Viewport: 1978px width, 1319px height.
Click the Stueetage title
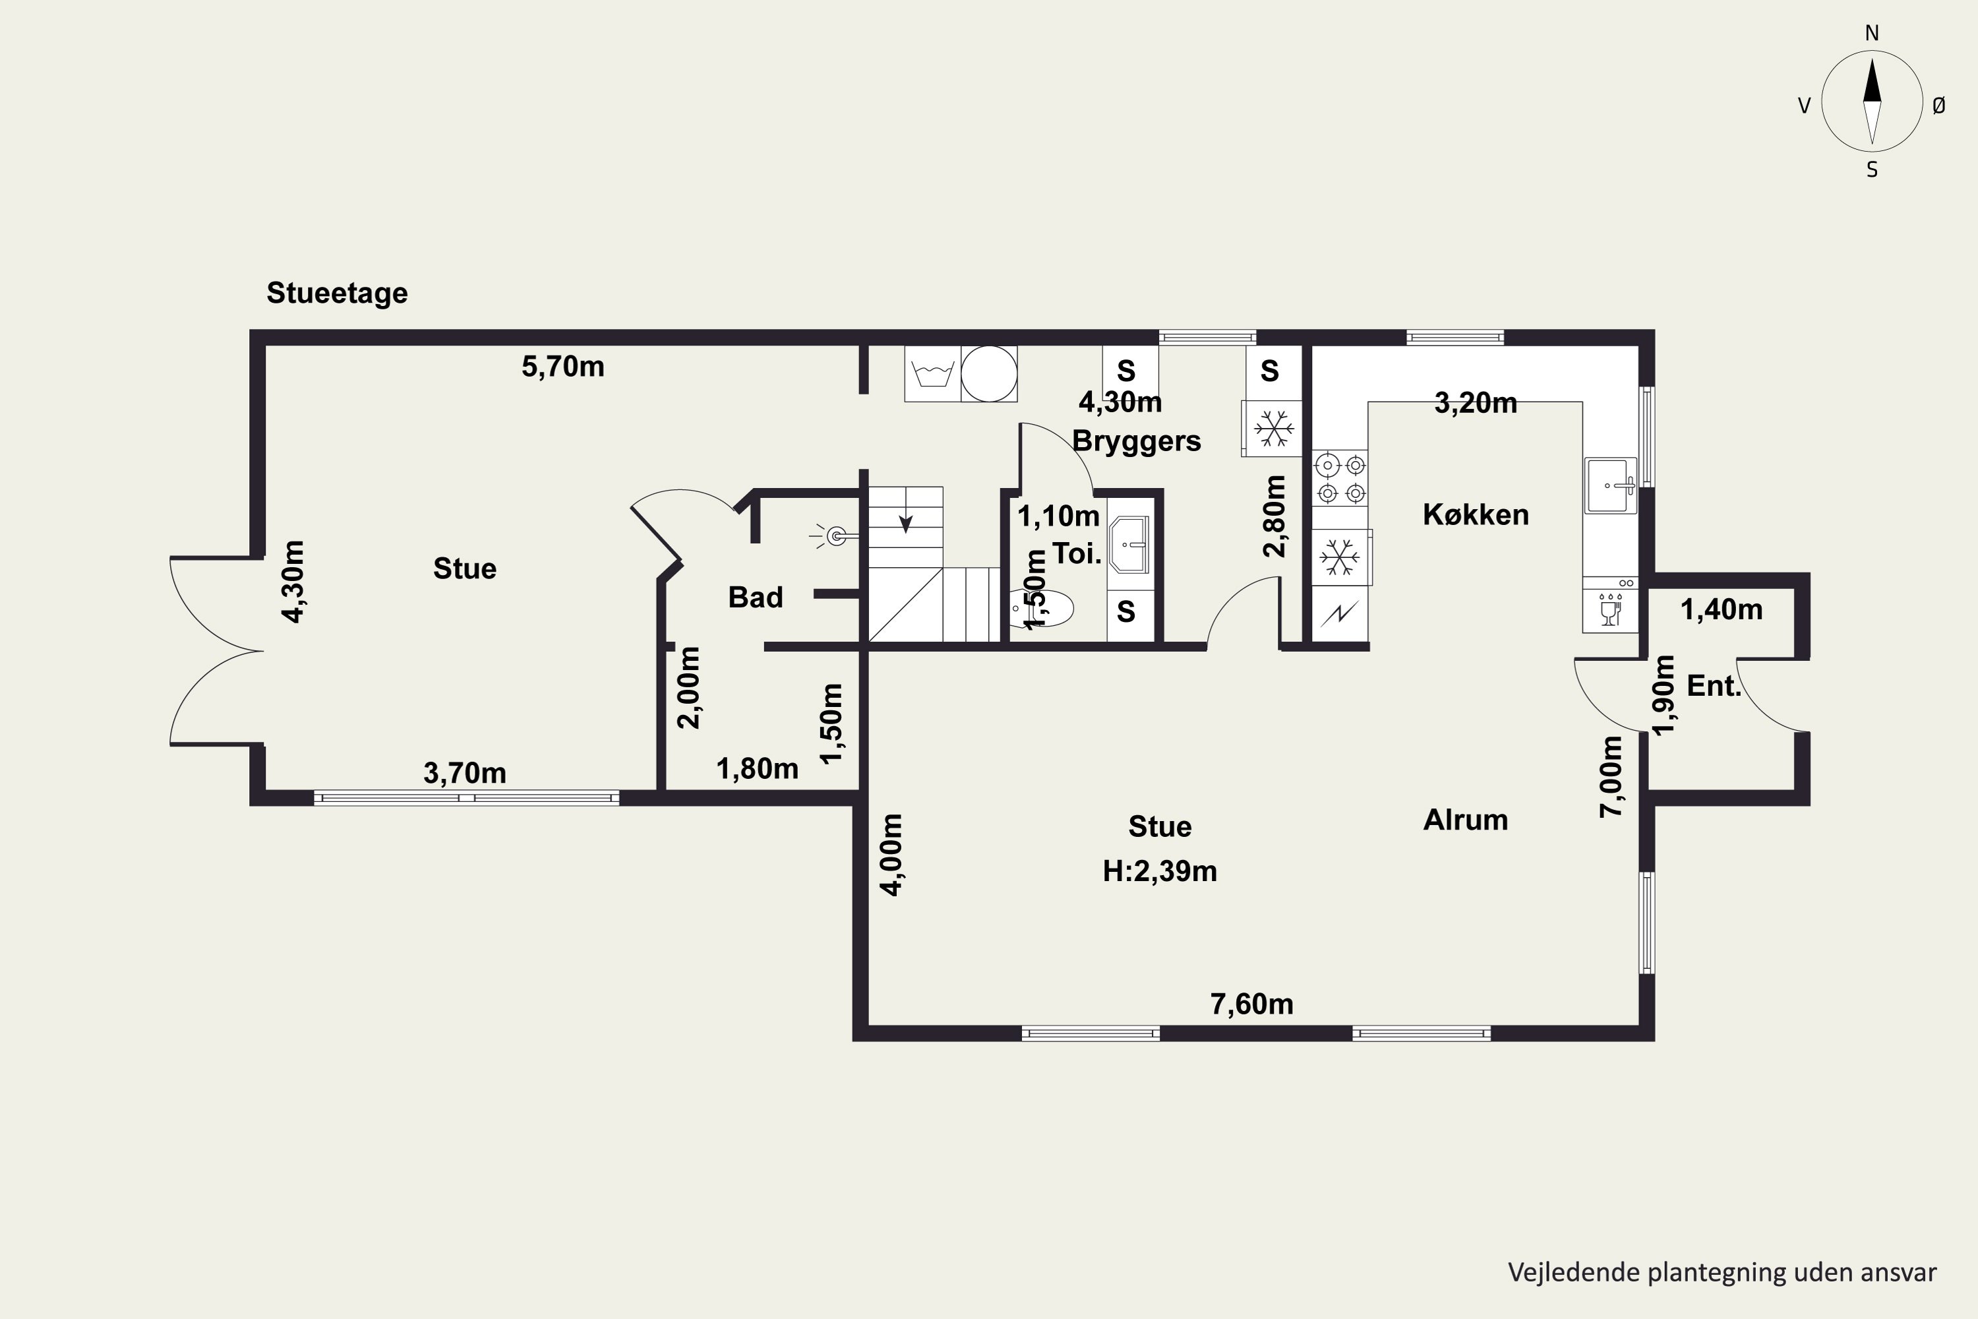pyautogui.click(x=337, y=293)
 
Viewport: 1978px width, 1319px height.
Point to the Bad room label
pyautogui.click(x=755, y=598)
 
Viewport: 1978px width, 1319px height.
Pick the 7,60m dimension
pyautogui.click(x=1251, y=1004)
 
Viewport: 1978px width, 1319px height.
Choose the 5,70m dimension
pyautogui.click(x=562, y=367)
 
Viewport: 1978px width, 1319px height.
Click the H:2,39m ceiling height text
pyautogui.click(x=1160, y=871)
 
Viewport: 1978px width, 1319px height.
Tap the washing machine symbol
pyautogui.click(x=933, y=373)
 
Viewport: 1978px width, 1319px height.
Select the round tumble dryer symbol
pyautogui.click(x=989, y=373)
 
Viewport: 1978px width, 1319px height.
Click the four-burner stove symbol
pyautogui.click(x=1340, y=477)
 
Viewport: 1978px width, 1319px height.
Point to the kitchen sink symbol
pyautogui.click(x=1611, y=485)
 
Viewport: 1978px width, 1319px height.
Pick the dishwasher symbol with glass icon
pyautogui.click(x=1609, y=605)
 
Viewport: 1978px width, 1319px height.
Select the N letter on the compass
pyautogui.click(x=1872, y=34)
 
